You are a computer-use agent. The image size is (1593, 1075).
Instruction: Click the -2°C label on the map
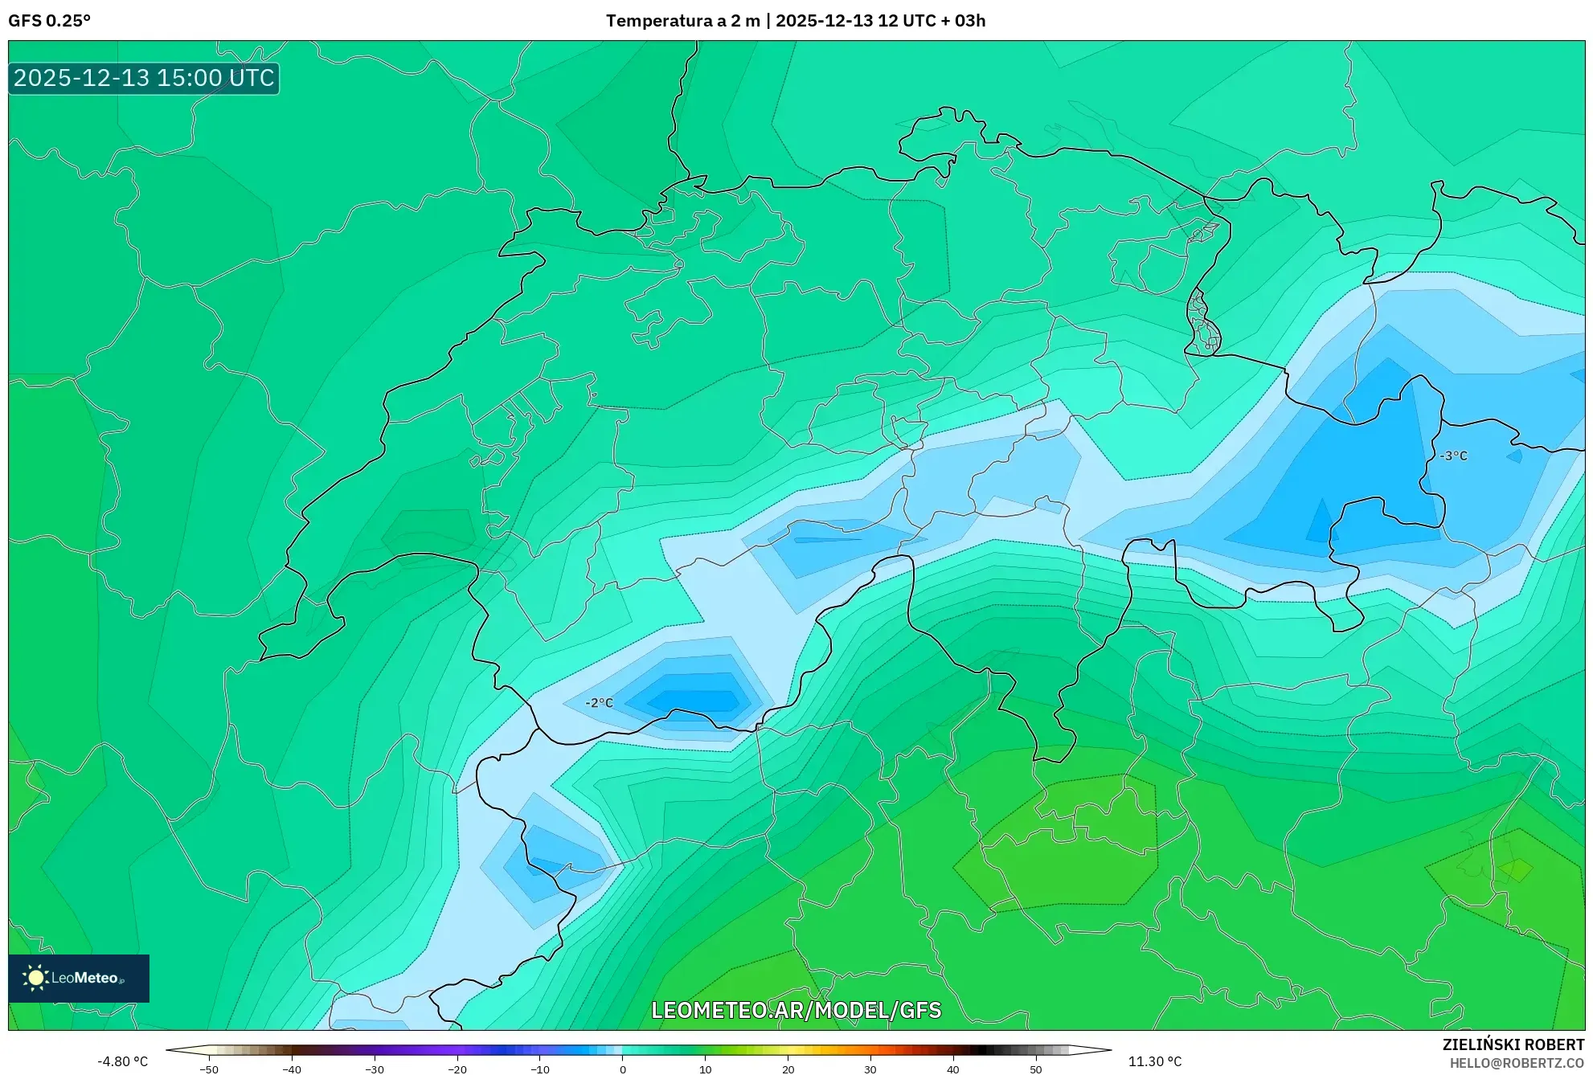point(599,703)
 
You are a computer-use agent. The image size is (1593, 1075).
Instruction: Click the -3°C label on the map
point(1453,456)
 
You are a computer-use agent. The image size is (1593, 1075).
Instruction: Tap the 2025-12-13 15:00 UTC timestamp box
point(144,78)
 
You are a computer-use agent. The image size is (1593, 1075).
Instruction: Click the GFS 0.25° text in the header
point(49,21)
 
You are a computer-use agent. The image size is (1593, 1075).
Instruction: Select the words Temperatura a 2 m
point(682,21)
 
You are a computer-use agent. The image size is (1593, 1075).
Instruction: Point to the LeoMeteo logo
point(79,978)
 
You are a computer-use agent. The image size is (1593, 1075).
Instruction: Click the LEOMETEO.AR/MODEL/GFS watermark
point(796,1010)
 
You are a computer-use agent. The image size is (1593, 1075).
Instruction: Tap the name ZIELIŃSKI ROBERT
point(1513,1044)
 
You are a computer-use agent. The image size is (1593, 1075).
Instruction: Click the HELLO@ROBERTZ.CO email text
point(1516,1063)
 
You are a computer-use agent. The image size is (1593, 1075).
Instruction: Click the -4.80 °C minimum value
point(122,1061)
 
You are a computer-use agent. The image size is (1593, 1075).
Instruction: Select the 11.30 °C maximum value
point(1154,1061)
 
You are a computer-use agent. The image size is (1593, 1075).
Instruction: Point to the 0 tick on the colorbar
point(622,1069)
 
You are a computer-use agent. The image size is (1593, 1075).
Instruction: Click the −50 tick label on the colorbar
point(208,1069)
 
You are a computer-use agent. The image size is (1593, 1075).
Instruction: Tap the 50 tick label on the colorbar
point(1035,1069)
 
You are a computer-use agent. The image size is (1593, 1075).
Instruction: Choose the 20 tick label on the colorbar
point(788,1069)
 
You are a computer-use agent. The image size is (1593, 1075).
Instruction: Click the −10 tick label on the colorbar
point(539,1069)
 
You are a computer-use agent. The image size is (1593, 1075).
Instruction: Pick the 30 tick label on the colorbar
point(870,1069)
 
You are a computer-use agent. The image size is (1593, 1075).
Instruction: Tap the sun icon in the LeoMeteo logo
point(35,978)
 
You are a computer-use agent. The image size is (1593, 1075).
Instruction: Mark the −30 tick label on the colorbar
point(374,1069)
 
